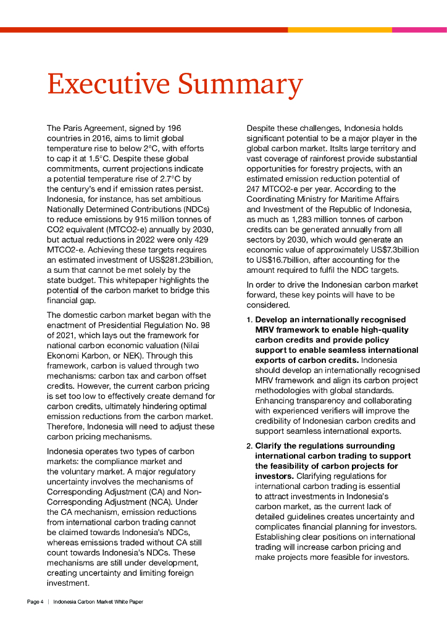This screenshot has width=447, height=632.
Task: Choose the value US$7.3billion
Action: (x=392, y=249)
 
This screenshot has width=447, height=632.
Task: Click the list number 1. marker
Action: (x=249, y=320)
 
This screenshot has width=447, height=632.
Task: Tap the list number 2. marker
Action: (x=249, y=446)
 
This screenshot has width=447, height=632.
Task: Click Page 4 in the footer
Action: (x=35, y=602)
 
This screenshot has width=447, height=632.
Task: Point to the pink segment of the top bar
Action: (x=419, y=30)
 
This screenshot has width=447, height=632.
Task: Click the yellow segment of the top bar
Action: (x=340, y=30)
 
